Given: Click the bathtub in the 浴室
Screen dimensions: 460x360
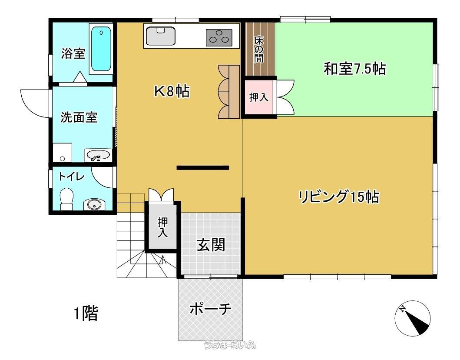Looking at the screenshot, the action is click(x=101, y=49).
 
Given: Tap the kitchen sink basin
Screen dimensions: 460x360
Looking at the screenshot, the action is click(x=160, y=36).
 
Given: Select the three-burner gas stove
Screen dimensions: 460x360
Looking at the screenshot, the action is click(x=219, y=37).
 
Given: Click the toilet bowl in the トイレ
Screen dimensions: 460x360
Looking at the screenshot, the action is click(x=66, y=199).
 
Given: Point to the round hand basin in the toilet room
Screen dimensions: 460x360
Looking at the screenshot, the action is click(x=94, y=204).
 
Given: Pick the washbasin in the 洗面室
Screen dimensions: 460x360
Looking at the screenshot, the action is click(x=97, y=155).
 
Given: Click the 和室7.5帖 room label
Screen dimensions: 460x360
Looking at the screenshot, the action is click(x=355, y=69).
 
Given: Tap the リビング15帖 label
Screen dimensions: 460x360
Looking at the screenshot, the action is click(x=338, y=197).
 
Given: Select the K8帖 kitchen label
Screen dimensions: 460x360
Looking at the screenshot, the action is click(x=172, y=91).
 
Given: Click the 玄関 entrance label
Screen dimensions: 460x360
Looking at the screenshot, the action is click(x=211, y=245).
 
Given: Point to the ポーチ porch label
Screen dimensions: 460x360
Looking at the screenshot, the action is click(x=210, y=309).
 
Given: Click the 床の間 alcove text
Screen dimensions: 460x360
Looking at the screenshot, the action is click(x=258, y=49).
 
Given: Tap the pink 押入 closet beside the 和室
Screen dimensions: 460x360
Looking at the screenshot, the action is click(x=259, y=97).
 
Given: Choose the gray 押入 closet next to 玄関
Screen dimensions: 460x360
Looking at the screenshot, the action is click(x=163, y=227).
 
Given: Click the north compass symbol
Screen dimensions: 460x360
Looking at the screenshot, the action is click(x=413, y=318).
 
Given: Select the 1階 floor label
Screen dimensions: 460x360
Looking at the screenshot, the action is click(x=86, y=313).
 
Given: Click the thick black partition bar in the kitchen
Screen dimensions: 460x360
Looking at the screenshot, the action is click(x=203, y=168).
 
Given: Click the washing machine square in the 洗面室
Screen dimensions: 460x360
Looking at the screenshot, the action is click(x=63, y=153).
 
